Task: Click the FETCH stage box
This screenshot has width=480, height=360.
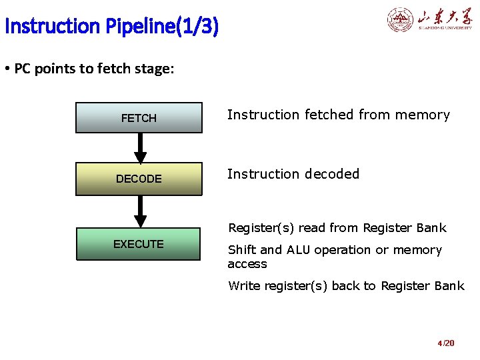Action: [x=139, y=118]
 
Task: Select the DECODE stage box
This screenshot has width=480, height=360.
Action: [x=139, y=179]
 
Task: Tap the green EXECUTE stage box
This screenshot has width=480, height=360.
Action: [x=139, y=244]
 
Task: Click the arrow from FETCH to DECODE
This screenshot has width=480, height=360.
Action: [x=139, y=148]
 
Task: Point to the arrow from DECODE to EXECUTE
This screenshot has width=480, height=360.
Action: [x=139, y=211]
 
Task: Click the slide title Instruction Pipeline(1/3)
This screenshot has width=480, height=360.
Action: [x=111, y=27]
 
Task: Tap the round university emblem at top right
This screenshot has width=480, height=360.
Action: [x=401, y=20]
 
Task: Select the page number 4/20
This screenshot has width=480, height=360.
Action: [x=446, y=343]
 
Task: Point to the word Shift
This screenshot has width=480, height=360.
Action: [x=242, y=250]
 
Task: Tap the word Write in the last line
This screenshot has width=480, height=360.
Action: [x=244, y=286]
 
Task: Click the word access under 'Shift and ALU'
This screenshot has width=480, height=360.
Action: [x=247, y=264]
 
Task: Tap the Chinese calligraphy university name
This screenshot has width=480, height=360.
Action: [x=445, y=17]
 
